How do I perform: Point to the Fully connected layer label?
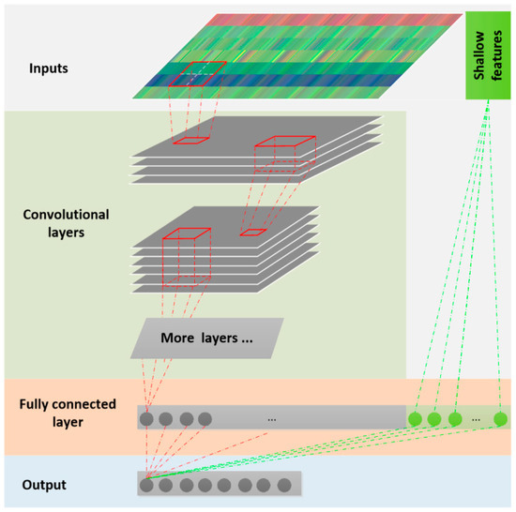(x=67, y=412)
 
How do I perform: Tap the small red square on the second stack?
(x=253, y=233)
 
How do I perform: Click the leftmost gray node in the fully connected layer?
(x=147, y=419)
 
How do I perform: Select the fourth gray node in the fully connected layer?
(x=205, y=419)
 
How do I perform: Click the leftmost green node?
(x=415, y=419)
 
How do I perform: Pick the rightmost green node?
(x=500, y=418)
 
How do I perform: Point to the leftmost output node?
(x=146, y=485)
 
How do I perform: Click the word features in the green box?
(x=493, y=57)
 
